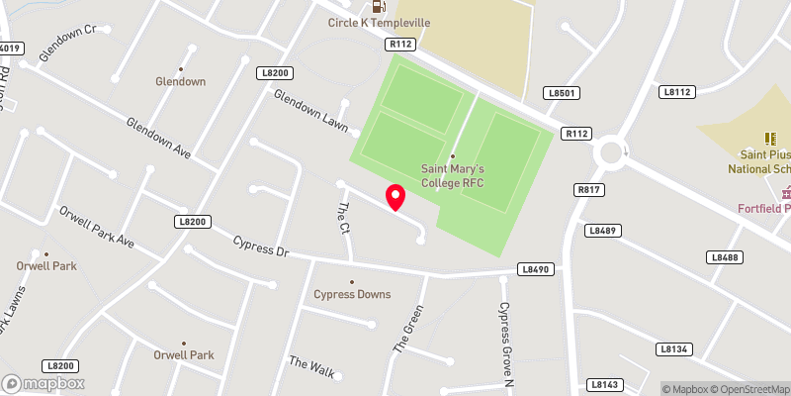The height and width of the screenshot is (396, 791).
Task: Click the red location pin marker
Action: coord(395,197)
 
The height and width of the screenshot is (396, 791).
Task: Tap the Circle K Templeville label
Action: coord(380,25)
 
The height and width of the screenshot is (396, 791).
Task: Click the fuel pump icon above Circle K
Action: coord(366,6)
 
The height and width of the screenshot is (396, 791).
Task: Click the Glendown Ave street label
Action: coord(157,139)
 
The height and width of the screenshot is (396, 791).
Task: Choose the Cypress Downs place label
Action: coord(352,294)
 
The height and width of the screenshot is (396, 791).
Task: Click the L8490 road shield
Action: coord(535,269)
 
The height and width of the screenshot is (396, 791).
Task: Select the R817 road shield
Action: coord(588,188)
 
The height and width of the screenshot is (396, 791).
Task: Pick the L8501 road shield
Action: coord(560,92)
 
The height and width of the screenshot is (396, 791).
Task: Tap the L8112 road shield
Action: coord(676,92)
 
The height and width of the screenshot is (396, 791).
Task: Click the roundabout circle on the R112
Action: coord(611,152)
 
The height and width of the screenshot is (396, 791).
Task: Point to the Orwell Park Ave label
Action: coord(96,227)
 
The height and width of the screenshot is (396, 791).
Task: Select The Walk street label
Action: coord(312,366)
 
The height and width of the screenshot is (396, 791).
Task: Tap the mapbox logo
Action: coord(44,383)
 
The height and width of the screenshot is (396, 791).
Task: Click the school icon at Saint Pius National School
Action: coord(768,139)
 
